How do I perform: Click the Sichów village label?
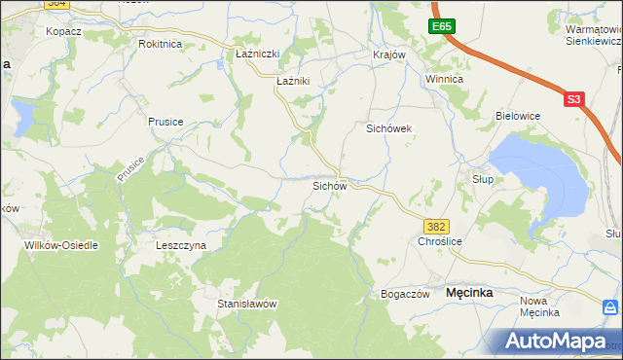tap(329, 185)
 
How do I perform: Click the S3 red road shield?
tap(573, 98)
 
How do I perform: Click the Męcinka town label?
tap(468, 292)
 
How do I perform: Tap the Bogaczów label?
tap(405, 294)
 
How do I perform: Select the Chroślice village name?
tap(438, 241)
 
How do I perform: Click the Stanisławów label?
tap(247, 304)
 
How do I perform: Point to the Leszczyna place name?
tap(181, 246)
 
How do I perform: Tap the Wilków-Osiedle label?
tap(61, 246)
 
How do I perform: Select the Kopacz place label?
tap(63, 31)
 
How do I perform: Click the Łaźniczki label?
tap(258, 54)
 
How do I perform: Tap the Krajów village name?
tap(388, 54)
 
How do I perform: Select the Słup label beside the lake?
tap(483, 179)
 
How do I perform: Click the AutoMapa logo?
tap(556, 342)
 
